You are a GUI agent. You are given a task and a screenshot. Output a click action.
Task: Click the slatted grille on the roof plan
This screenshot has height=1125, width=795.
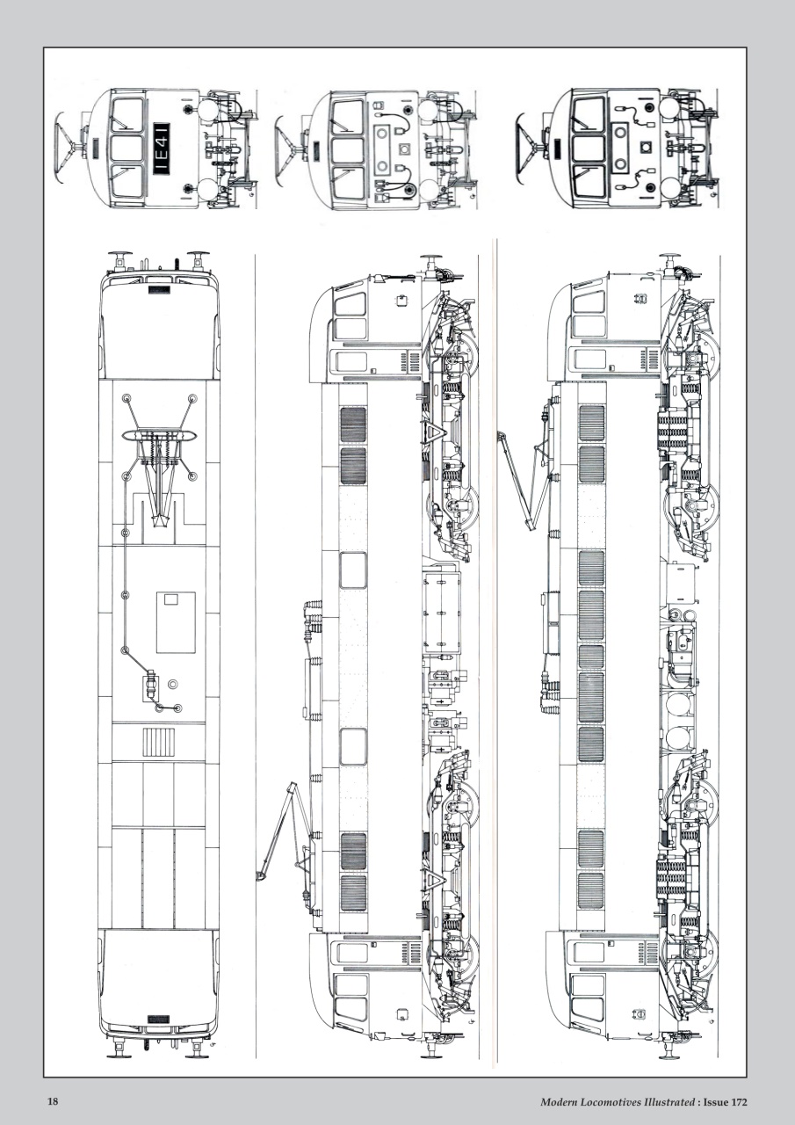pyautogui.click(x=159, y=744)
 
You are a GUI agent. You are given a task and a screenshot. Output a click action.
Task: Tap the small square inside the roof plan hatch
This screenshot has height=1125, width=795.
pyautogui.click(x=170, y=599)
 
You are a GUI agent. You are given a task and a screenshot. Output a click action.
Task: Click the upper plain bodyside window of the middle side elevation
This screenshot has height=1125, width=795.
pyautogui.click(x=353, y=570)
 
